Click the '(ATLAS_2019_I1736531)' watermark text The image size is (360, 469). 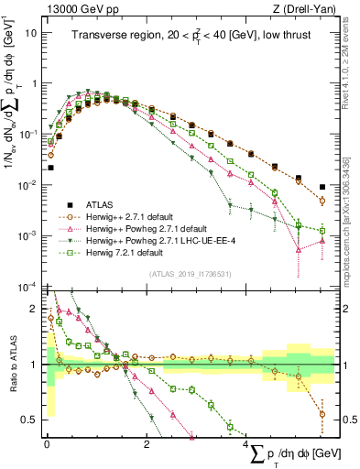(190, 274)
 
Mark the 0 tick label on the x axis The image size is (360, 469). (47, 443)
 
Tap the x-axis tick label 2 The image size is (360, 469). (147, 443)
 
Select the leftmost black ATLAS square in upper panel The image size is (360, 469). (51, 168)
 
